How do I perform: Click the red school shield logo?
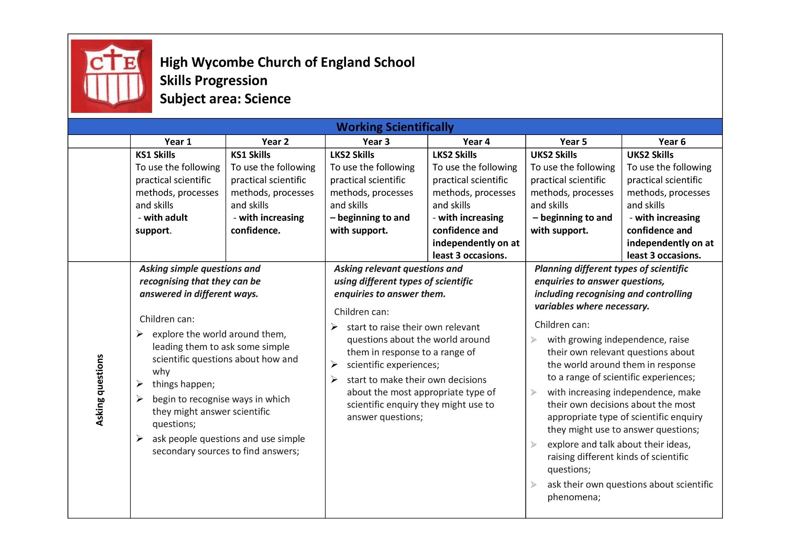tap(111, 76)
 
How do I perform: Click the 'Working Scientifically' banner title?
tap(395, 127)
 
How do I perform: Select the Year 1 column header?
tap(178, 142)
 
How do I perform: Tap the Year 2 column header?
tap(275, 142)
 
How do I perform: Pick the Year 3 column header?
tap(376, 142)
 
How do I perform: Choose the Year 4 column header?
tap(476, 142)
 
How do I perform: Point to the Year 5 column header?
tap(573, 142)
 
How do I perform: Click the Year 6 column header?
tap(672, 142)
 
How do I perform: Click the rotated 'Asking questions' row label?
tap(100, 390)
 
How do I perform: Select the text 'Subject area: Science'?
tap(225, 99)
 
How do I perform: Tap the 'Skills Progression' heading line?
tap(214, 81)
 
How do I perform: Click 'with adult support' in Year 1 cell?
tap(162, 224)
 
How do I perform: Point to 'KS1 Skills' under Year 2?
tap(250, 155)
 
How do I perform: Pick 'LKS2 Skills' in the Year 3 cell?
tap(352, 155)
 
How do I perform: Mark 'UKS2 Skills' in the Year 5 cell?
tap(553, 155)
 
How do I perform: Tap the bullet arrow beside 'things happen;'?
tap(139, 384)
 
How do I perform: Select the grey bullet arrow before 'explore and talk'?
tap(534, 445)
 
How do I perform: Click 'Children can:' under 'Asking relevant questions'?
tap(361, 312)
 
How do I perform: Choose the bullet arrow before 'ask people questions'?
tap(139, 438)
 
